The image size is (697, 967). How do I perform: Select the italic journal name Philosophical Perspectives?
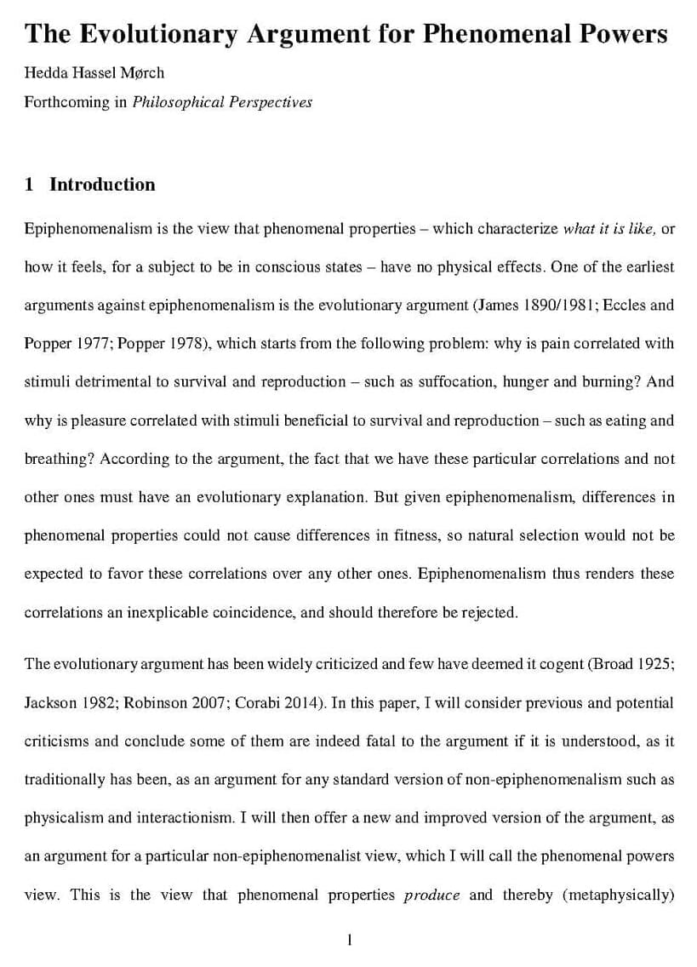[x=222, y=102]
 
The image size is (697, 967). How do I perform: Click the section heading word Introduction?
[x=102, y=185]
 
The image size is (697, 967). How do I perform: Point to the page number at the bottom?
[x=349, y=940]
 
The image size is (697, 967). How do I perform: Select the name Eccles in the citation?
[x=626, y=305]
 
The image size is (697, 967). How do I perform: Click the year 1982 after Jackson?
[x=99, y=703]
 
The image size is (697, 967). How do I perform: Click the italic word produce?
[x=431, y=895]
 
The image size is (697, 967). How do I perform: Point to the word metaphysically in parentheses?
[x=619, y=895]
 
